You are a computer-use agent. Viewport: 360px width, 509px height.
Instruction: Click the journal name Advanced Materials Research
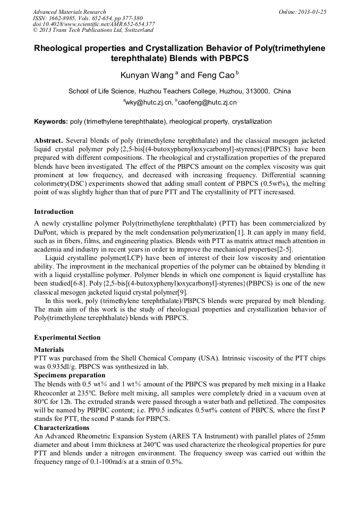(x=69, y=12)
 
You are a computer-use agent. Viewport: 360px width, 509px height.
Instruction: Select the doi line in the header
(x=93, y=24)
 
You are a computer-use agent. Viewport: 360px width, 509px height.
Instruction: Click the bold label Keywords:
(x=51, y=122)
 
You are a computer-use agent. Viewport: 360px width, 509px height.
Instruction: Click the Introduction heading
(x=54, y=212)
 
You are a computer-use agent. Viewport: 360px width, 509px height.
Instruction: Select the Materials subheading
(x=49, y=350)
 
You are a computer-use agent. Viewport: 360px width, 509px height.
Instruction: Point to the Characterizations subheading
(x=62, y=427)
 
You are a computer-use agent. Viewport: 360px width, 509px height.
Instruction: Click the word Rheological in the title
(x=63, y=48)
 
